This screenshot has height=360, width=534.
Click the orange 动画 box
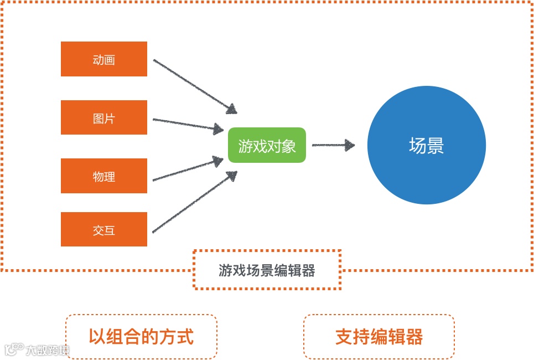(104, 59)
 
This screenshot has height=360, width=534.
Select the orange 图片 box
(104, 117)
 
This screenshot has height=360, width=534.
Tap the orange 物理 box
(104, 176)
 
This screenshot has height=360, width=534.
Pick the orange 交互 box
(104, 229)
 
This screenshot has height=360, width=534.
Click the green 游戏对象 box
(267, 145)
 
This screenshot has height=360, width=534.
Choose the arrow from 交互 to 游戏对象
(194, 203)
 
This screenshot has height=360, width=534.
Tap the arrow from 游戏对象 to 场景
(332, 146)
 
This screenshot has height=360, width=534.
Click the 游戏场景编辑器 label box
(267, 270)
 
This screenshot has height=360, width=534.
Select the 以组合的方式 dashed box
(141, 336)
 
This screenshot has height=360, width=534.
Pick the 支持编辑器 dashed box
(379, 336)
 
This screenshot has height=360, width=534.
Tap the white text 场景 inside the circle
(426, 146)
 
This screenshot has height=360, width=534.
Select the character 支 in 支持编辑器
(344, 336)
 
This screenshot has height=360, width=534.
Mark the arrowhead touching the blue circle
(350, 146)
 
